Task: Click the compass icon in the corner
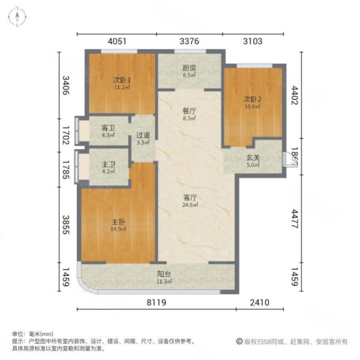tap(18, 17)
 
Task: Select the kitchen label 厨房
tap(190, 68)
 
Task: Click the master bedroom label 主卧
tap(117, 221)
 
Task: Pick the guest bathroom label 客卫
tap(108, 128)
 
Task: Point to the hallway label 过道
tap(143, 136)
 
